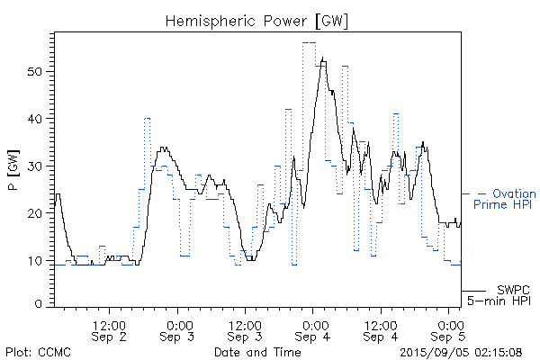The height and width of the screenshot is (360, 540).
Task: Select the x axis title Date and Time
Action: tap(257, 352)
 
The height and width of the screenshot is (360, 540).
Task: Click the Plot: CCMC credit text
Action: tap(35, 352)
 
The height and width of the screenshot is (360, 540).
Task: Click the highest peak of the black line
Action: tap(323, 58)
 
